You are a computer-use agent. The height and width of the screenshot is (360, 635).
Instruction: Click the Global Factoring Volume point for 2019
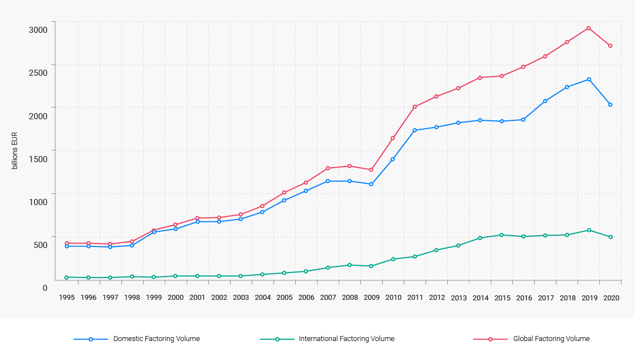point(589,28)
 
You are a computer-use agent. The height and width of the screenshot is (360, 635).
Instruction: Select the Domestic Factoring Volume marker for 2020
point(610,105)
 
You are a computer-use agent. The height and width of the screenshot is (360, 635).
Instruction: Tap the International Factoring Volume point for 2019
point(589,230)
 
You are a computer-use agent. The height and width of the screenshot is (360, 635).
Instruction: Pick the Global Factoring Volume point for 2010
point(393,138)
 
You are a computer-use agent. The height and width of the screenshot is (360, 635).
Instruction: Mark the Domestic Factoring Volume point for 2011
point(415,130)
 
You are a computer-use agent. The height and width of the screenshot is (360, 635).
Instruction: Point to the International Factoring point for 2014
point(480,238)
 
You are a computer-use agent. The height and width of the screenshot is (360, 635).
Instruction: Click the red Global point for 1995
point(67,244)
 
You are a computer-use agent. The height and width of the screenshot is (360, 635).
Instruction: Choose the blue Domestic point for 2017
point(545,101)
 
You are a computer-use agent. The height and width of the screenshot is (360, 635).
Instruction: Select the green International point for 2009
point(372,266)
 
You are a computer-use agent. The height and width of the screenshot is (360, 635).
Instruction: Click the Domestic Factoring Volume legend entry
point(156,339)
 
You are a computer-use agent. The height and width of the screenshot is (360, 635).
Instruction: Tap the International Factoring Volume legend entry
point(346,339)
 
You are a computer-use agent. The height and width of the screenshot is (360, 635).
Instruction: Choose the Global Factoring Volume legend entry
point(551,339)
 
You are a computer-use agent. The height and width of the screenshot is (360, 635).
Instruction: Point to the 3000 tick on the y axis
point(38,30)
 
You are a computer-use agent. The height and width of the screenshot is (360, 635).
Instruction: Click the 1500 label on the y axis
point(38,159)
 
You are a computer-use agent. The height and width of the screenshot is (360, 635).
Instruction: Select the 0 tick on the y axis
point(45,288)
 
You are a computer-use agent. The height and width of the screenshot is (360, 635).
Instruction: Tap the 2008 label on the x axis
point(350,298)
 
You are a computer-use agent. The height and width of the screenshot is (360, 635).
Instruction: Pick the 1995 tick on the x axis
point(67,298)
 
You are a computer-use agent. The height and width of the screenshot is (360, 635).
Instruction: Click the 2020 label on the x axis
point(611,298)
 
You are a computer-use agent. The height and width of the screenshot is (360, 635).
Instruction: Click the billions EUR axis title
point(15,150)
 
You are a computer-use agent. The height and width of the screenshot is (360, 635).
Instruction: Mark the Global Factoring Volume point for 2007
point(328,168)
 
